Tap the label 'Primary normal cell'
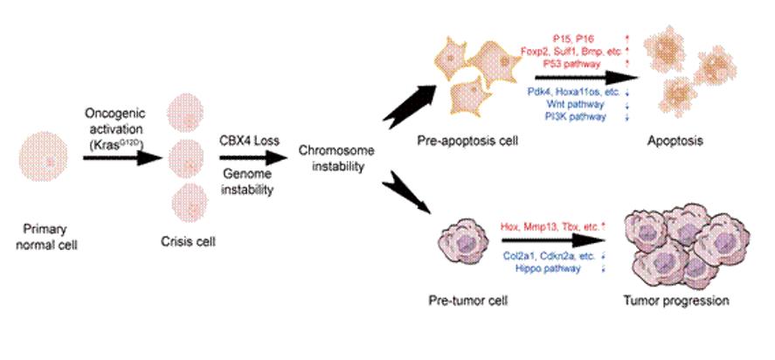click(x=46, y=236)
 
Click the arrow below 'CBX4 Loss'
click(x=254, y=158)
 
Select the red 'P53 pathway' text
click(x=572, y=62)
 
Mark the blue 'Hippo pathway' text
click(x=550, y=269)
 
